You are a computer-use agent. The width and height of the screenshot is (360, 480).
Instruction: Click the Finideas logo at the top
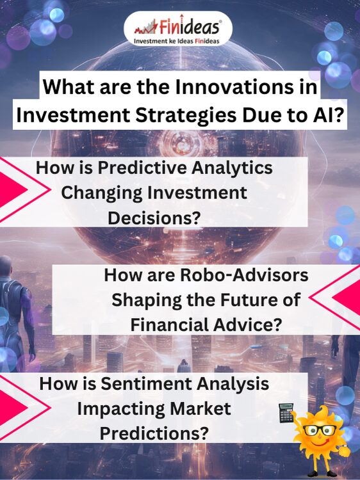pos(177,28)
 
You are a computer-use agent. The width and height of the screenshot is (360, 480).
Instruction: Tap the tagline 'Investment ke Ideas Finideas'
pos(177,41)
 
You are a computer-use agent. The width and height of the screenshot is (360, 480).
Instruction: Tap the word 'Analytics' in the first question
pos(232,169)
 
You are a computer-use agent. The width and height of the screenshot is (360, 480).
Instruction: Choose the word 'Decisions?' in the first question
pos(154,218)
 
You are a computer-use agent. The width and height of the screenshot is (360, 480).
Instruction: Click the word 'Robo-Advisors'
pos(243,275)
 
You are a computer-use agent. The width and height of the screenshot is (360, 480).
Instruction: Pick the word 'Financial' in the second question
pos(169,324)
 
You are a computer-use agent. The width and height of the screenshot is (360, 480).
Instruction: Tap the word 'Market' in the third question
pos(200,409)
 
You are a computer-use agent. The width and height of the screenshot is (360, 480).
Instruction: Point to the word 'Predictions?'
pos(154,434)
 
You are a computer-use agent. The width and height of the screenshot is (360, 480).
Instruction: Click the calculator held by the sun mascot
pos(286,413)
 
